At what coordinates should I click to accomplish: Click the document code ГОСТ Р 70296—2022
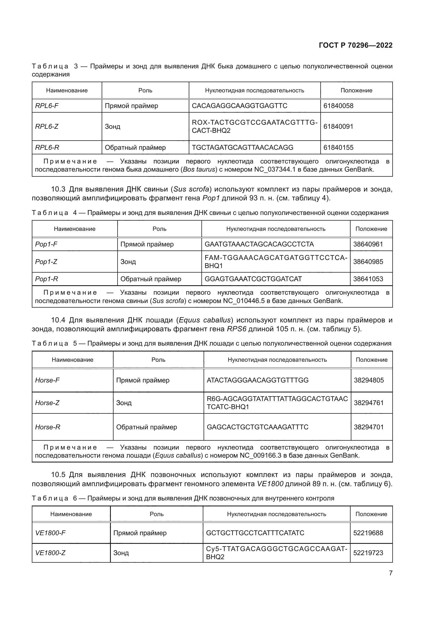(x=355, y=45)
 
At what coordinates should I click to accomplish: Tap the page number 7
(x=390, y=573)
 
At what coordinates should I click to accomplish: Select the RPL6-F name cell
(x=47, y=106)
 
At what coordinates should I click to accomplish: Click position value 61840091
(x=338, y=127)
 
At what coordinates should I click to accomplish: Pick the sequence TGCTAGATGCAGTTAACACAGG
(x=242, y=148)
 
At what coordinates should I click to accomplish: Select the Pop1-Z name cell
(x=46, y=262)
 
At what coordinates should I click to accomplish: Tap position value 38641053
(x=368, y=279)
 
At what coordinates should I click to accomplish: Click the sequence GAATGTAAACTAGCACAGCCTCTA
(x=259, y=244)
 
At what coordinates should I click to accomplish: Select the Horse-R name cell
(x=47, y=427)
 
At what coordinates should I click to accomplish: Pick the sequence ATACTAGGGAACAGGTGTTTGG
(x=257, y=380)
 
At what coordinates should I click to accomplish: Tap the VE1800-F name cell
(x=50, y=533)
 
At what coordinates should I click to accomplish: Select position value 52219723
(x=368, y=553)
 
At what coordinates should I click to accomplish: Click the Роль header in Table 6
(x=157, y=514)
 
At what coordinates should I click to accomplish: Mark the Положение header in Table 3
(x=356, y=91)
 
